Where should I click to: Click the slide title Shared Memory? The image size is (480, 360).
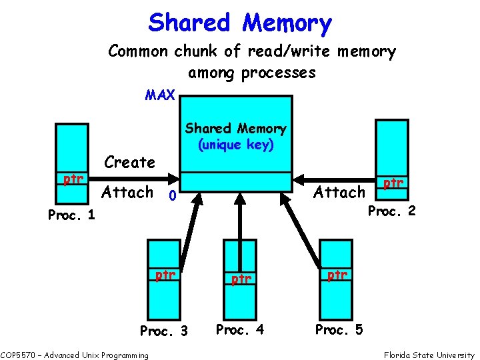pos(240,23)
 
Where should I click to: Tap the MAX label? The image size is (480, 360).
pos(160,95)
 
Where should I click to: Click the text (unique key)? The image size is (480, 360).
pos(235,145)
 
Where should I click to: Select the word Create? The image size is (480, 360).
pos(130,163)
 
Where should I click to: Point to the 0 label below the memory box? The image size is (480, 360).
pos(172,197)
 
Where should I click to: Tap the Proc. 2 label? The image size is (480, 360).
pos(392,211)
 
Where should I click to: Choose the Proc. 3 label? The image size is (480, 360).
pos(163,331)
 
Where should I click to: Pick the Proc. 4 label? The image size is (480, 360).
pos(240,329)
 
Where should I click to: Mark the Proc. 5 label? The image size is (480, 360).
pos(339,329)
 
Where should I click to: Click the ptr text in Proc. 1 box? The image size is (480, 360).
pos(73,179)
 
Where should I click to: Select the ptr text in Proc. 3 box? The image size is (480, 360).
pos(165,275)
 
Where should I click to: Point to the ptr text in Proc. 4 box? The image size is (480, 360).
pos(241,279)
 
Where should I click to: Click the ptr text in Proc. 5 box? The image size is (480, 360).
pos(337,274)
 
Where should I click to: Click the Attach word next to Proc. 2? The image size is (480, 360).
pos(339,193)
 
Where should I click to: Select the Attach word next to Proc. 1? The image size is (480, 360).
pos(127,193)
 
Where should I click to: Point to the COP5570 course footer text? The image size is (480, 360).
pos(74,355)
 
